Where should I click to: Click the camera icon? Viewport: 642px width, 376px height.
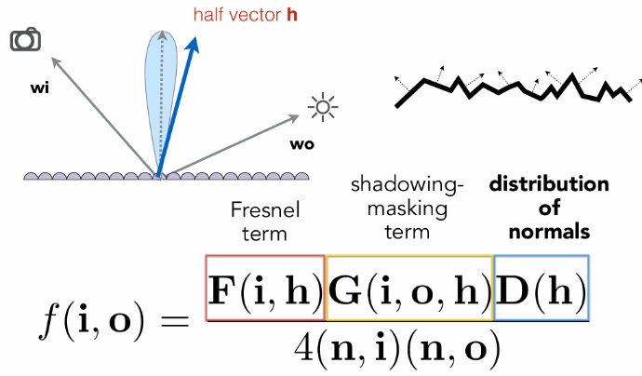point(25,40)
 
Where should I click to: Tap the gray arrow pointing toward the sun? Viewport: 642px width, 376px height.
point(233,143)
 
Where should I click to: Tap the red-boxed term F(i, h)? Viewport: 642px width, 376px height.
point(266,289)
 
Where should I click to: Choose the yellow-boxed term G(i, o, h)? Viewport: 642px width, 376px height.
point(409,289)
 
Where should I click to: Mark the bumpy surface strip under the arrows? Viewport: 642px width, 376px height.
point(158,174)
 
